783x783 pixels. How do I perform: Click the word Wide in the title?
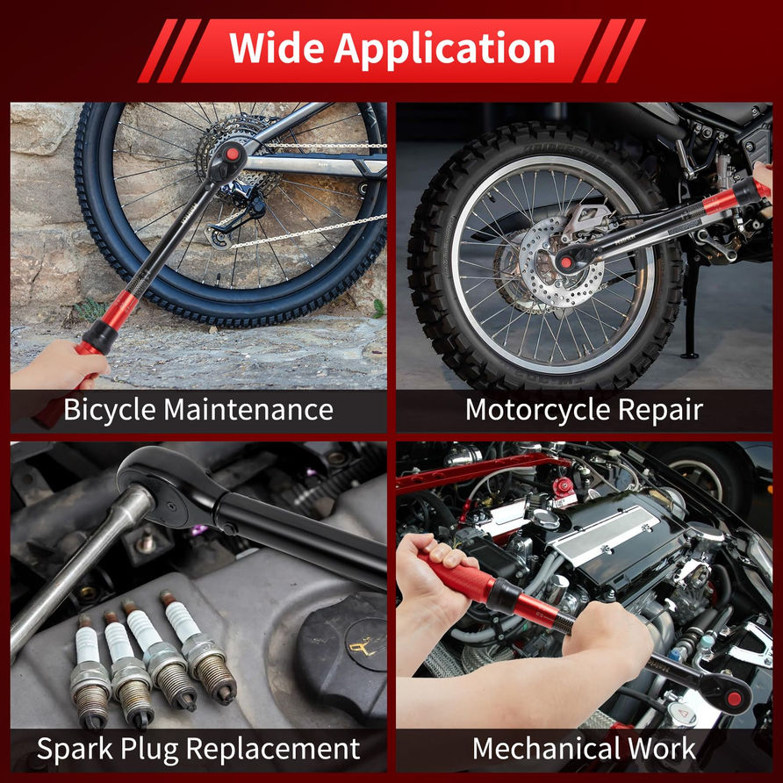(277, 48)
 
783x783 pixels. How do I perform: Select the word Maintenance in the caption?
(248, 409)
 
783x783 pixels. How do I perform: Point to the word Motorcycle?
(538, 411)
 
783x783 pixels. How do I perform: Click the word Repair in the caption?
(661, 411)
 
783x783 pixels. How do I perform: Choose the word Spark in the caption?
(75, 750)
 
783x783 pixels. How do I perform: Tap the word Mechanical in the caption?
(546, 749)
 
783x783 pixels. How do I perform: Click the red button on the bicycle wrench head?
(233, 154)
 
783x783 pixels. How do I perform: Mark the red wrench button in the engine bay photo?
(734, 699)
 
